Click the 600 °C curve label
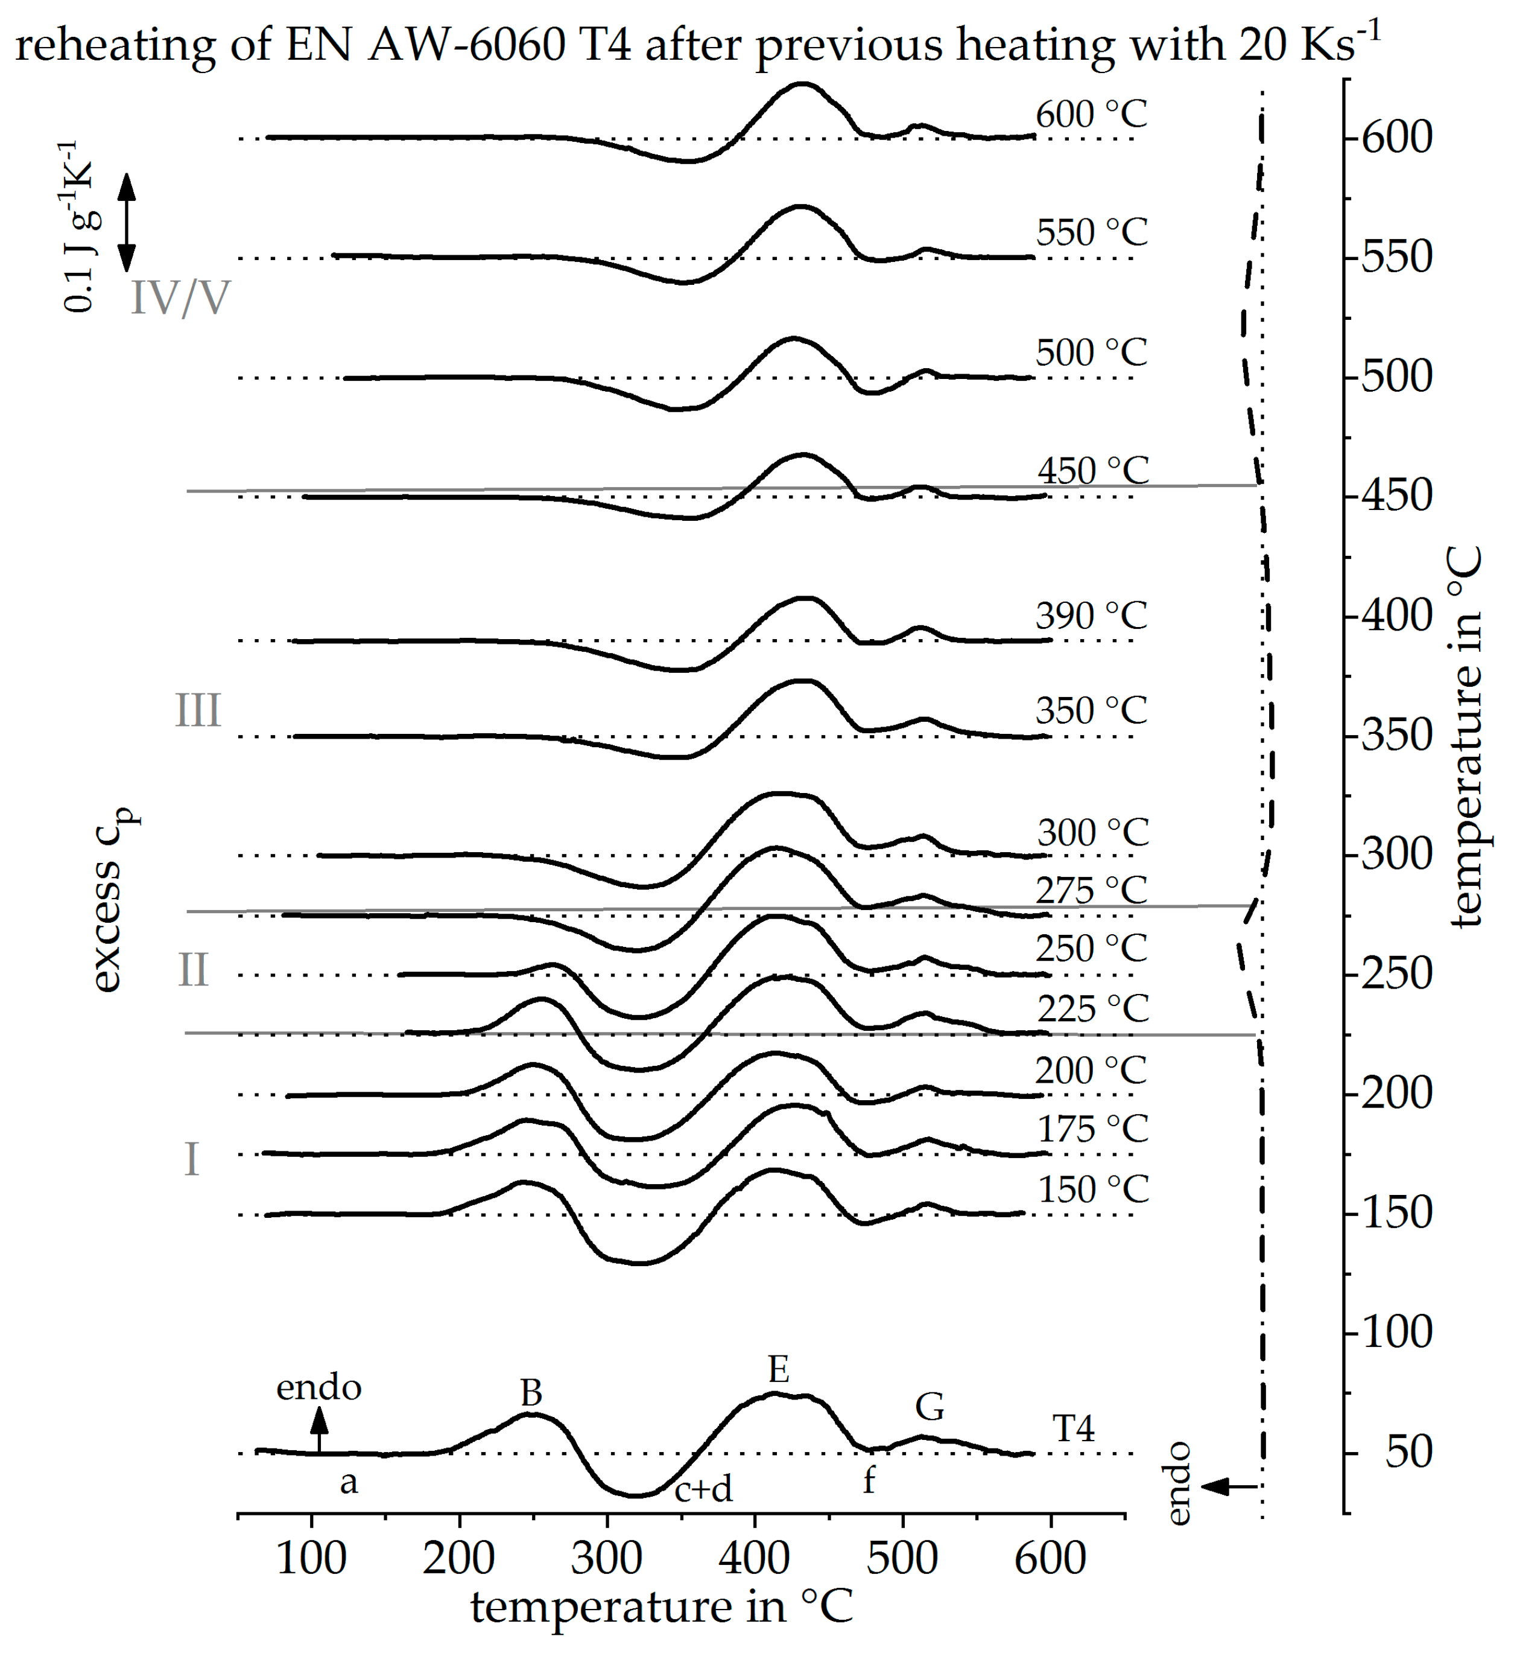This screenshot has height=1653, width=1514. (1091, 115)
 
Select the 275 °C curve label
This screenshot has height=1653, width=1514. (1091, 890)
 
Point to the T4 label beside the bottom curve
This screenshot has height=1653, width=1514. (1074, 1429)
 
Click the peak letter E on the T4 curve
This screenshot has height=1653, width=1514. (779, 1370)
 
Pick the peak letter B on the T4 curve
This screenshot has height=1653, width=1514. (531, 1393)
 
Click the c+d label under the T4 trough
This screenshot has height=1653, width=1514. (703, 1489)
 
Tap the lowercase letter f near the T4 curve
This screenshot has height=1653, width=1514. (869, 1481)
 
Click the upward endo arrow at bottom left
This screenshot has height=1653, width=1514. (320, 1431)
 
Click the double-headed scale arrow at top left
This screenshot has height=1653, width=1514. (126, 221)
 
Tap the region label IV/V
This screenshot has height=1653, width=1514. (180, 298)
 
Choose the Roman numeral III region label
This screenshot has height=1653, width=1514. (198, 711)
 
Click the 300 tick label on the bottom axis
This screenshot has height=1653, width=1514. (607, 1558)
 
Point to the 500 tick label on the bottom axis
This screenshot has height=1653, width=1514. (902, 1558)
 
